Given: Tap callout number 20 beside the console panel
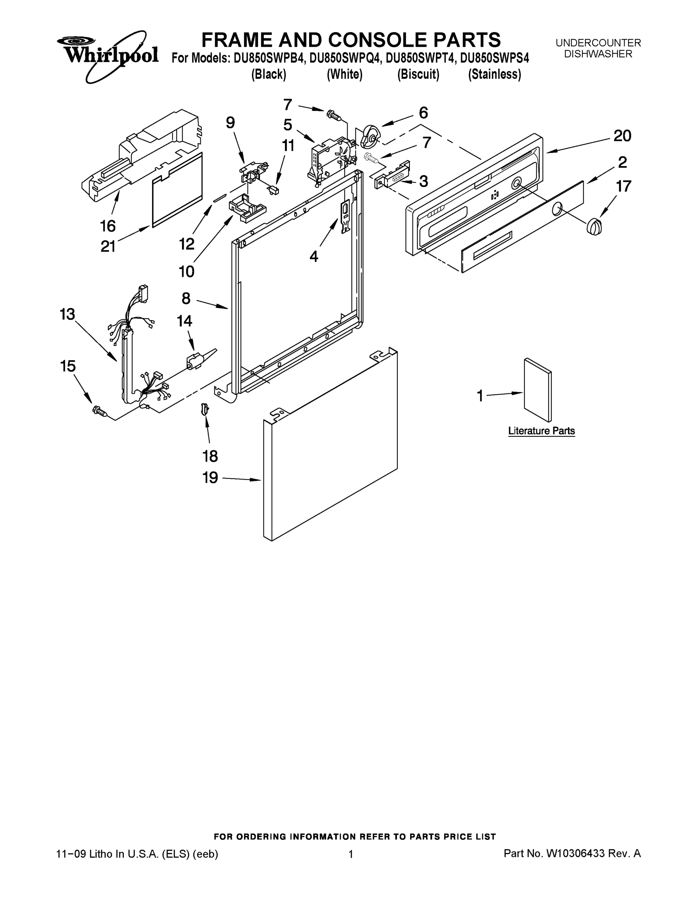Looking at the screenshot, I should coord(622,136).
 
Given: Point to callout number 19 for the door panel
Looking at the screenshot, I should coord(210,478).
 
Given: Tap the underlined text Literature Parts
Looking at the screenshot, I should coord(541,431).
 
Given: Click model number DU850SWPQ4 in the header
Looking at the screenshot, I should coord(345,58).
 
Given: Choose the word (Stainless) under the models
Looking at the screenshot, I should coord(494,74).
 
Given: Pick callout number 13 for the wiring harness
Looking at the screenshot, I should coord(67,314).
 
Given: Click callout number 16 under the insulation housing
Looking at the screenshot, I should coord(108,226).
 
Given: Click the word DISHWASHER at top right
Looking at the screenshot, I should coord(598,54).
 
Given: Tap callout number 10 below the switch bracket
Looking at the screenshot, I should coord(186,272).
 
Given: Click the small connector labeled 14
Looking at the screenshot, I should coord(194,361).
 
